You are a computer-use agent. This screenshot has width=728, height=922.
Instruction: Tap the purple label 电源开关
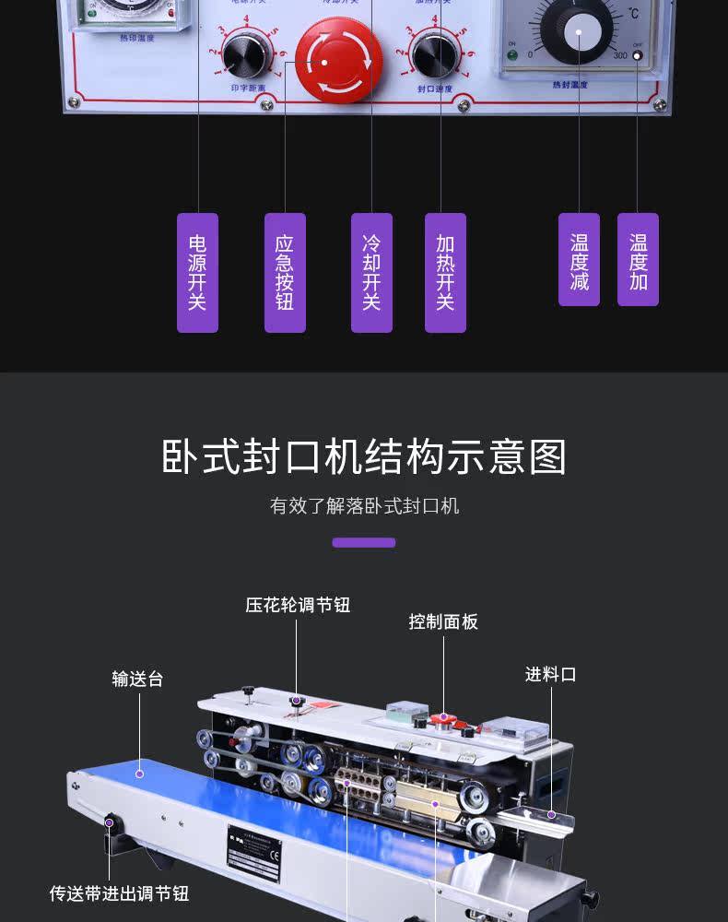pos(197,272)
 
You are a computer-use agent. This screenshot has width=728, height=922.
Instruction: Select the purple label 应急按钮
pos(285,272)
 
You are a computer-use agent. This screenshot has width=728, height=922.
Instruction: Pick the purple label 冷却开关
pos(371,272)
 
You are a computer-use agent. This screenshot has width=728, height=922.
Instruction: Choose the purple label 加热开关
pos(445,272)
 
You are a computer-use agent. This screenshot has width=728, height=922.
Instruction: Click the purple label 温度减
pos(579,260)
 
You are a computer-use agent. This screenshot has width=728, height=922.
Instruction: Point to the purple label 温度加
pos(638,260)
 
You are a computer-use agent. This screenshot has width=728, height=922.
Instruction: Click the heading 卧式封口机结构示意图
pos(364,457)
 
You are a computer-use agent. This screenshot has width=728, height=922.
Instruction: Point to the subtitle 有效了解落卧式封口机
pos(364,506)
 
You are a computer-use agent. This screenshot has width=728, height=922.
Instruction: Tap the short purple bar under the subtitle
pos(364,543)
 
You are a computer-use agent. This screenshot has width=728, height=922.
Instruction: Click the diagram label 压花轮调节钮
pos(298,606)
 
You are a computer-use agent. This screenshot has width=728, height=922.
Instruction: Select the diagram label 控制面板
pos(443,622)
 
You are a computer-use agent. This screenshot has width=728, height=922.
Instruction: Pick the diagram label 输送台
pos(138,680)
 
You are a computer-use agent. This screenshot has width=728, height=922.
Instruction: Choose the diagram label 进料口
pos(550,675)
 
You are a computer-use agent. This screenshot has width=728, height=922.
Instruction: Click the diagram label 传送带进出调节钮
pos(120,893)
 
